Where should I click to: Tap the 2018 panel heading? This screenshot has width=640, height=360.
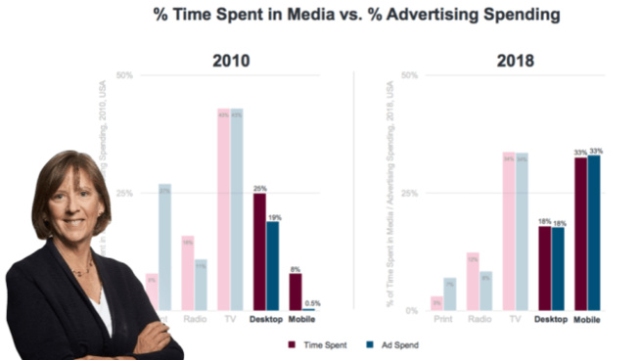515,61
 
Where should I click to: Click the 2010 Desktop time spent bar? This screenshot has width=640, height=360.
258,251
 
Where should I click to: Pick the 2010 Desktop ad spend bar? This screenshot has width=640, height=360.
272,265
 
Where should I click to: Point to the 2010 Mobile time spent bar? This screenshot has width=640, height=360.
295,292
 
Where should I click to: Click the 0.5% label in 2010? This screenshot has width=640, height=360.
312,304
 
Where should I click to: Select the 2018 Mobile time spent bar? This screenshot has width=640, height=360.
580,234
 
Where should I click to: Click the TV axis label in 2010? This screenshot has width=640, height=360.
229,320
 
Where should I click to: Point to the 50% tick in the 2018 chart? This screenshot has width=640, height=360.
410,75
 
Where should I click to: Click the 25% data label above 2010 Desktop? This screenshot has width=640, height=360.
259,188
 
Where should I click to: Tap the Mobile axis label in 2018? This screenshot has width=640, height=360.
587,320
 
